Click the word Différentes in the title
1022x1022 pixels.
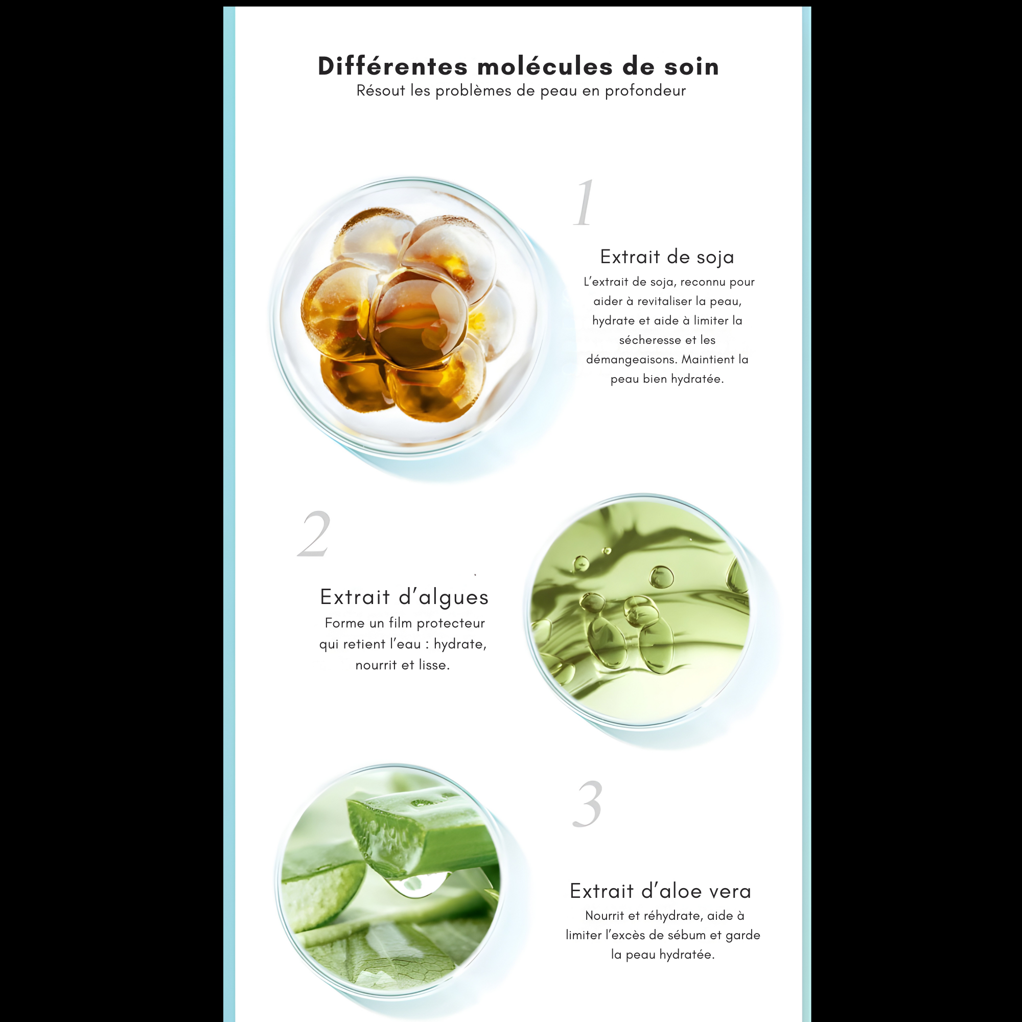point(392,66)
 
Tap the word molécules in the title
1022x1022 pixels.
point(545,66)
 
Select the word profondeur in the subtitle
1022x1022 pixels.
point(645,91)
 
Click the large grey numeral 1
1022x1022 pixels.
point(585,204)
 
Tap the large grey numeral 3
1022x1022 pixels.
point(588,805)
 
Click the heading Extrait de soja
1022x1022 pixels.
point(667,257)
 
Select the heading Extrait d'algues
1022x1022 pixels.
point(404,597)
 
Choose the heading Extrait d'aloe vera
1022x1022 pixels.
point(660,891)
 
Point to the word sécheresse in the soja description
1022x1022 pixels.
point(649,340)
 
